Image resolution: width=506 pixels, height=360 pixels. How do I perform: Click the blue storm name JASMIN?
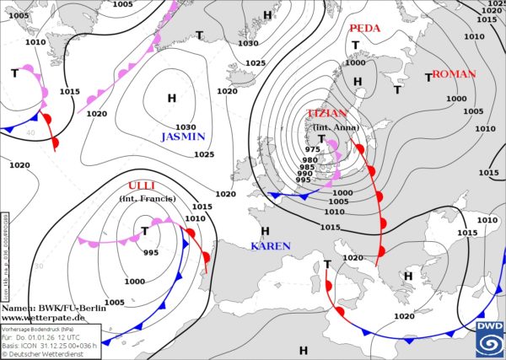coord(182,137)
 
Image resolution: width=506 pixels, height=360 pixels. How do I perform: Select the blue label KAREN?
coord(270,246)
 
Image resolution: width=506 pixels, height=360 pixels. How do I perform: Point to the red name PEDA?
coord(364,28)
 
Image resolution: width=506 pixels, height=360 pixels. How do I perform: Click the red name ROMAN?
coord(454,74)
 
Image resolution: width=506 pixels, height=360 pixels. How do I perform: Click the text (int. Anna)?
coord(336,127)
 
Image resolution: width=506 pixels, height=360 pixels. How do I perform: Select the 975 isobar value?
coord(311,149)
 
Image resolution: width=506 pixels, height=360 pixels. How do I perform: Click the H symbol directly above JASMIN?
coord(172,98)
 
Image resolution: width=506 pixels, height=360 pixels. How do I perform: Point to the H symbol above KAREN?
coord(265,231)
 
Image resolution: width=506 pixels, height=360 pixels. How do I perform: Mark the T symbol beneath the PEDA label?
coord(355,45)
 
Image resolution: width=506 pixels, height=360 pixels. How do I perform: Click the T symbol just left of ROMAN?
coord(428,77)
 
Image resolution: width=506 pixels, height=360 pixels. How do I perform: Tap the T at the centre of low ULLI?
coord(145,231)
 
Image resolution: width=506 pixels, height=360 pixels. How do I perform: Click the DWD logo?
coord(488,338)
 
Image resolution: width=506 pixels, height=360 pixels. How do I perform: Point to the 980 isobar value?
coord(310,160)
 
